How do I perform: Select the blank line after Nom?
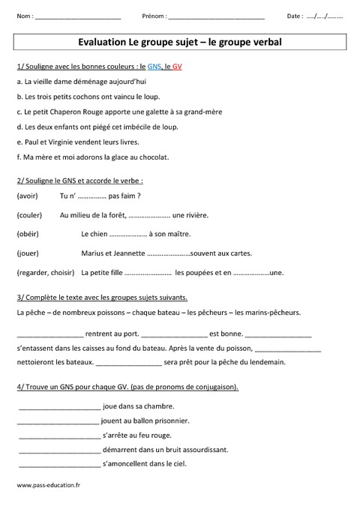pos(77,16)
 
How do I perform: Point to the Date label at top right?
pos(295,16)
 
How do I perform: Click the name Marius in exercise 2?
pos(93,253)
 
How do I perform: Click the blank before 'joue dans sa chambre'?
pos(58,407)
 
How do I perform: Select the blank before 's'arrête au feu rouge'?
pos(58,436)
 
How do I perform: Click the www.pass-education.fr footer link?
pos(48,486)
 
